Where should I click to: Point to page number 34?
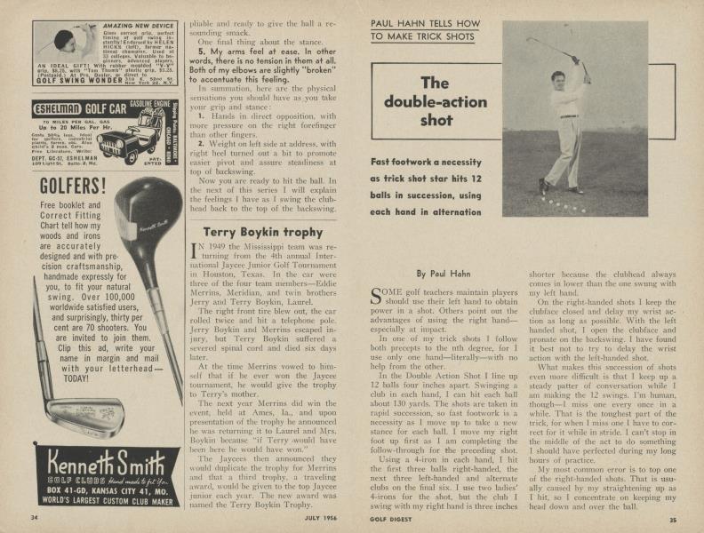point(34,518)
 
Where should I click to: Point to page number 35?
point(673,519)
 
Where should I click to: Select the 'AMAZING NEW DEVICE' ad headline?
point(118,28)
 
